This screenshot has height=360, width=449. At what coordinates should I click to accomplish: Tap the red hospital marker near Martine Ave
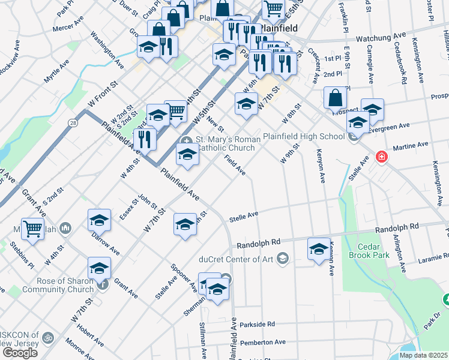(381, 157)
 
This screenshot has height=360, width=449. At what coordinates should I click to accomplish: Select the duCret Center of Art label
(240, 259)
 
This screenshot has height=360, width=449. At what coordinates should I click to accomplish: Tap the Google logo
(20, 353)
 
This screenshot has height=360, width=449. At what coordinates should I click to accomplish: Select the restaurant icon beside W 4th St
(144, 139)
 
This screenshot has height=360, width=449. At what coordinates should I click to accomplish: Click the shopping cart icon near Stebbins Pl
(32, 227)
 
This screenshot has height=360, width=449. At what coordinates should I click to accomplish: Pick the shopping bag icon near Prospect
(335, 98)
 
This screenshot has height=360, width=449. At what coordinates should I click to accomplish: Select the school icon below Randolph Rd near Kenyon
(318, 248)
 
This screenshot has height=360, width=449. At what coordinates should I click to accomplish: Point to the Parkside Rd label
(257, 324)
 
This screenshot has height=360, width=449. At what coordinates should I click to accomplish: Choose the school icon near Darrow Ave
(99, 220)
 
